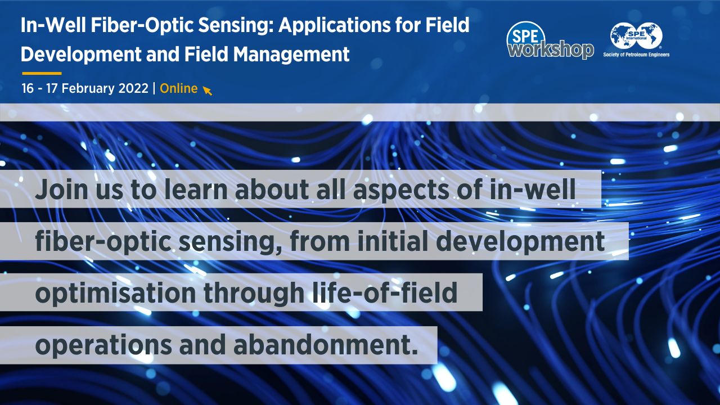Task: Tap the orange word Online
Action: pos(179,88)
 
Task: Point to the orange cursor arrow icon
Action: pos(208,90)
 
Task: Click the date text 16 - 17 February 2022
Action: pos(84,88)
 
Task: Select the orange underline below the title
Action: pos(42,73)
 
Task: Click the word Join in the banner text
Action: pos(60,191)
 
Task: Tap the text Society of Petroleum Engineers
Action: pos(636,55)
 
